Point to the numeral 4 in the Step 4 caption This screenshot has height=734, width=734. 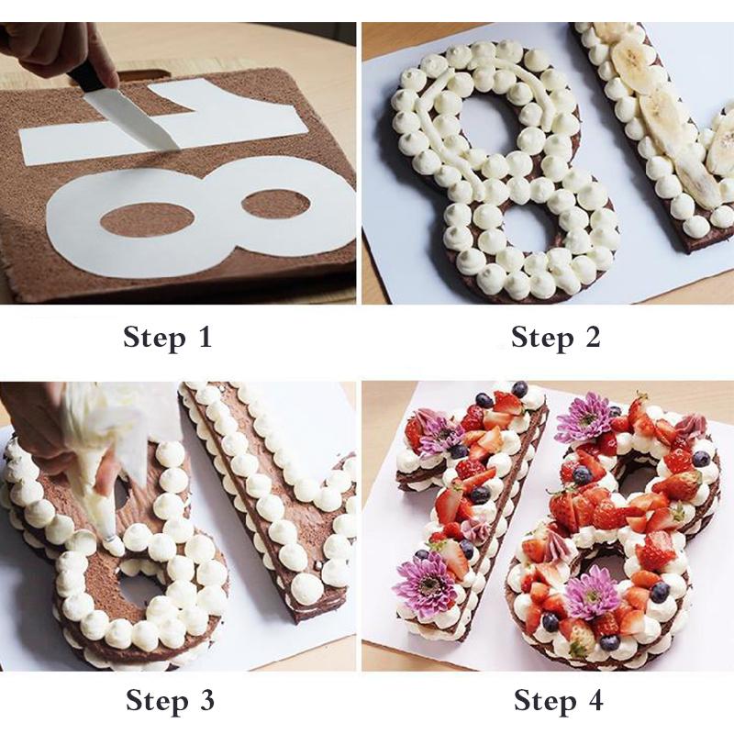click(594, 702)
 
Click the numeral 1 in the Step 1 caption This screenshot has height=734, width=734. click(204, 337)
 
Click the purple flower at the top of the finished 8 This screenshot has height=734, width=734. click(584, 417)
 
